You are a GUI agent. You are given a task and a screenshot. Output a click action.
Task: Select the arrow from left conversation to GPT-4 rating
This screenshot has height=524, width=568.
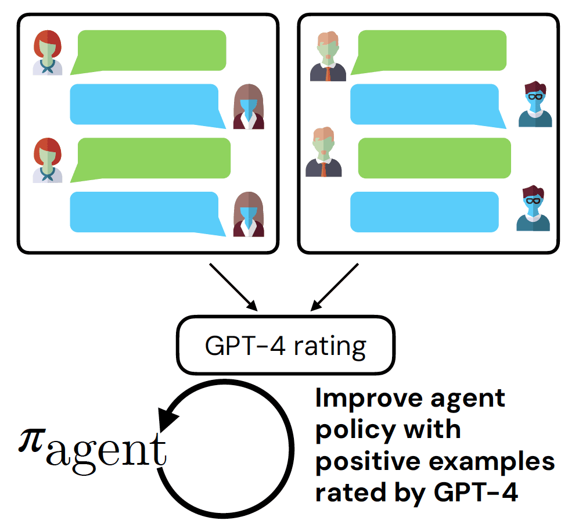[x=232, y=286]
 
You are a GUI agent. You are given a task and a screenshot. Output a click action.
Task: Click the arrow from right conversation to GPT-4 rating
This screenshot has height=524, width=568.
[x=337, y=286]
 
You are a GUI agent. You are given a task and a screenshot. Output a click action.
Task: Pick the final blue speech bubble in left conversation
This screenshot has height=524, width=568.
[x=145, y=213]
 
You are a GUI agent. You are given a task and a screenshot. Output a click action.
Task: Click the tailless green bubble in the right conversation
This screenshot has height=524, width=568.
[x=434, y=158]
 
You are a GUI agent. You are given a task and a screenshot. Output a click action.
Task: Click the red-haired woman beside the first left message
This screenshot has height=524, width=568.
[x=48, y=52]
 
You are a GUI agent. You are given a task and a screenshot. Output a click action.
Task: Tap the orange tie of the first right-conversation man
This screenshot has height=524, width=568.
[x=329, y=73]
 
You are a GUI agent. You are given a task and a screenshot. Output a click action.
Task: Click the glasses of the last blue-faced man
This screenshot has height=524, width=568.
[x=533, y=201]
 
